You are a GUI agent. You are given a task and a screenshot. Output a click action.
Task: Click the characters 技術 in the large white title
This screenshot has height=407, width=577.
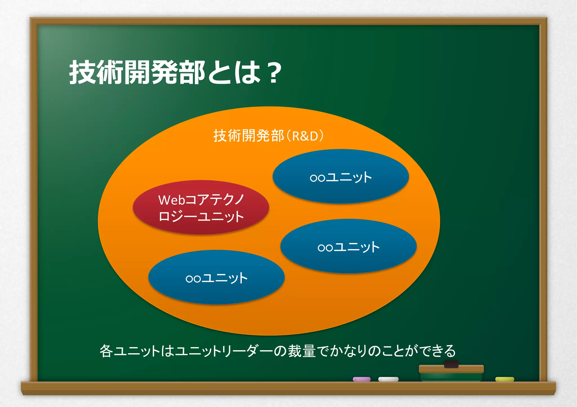tap(96, 73)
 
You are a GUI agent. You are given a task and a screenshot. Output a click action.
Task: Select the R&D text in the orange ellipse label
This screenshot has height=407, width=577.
tap(305, 136)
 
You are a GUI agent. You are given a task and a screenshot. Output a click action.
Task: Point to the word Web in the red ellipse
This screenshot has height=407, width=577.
tap(171, 200)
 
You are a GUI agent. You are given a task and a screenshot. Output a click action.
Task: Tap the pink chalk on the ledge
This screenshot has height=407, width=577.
tap(361, 379)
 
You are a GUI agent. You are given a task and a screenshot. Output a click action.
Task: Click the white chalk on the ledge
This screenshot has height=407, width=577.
tap(388, 379)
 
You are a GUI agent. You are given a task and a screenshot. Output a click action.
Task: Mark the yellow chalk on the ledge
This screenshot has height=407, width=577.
tap(505, 379)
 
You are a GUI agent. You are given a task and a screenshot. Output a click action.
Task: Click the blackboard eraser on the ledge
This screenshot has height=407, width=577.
tap(451, 373)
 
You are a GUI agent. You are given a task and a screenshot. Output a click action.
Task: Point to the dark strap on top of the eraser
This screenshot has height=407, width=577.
tap(451, 364)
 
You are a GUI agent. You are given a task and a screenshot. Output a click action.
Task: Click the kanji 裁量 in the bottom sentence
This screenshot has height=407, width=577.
tap(301, 351)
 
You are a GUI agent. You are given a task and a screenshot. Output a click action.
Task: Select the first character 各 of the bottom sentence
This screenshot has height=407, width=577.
tap(106, 351)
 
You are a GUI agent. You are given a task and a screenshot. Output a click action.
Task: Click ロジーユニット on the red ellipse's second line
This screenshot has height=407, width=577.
tap(201, 217)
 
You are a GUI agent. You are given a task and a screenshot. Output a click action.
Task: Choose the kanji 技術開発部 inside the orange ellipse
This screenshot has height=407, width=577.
tap(248, 136)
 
